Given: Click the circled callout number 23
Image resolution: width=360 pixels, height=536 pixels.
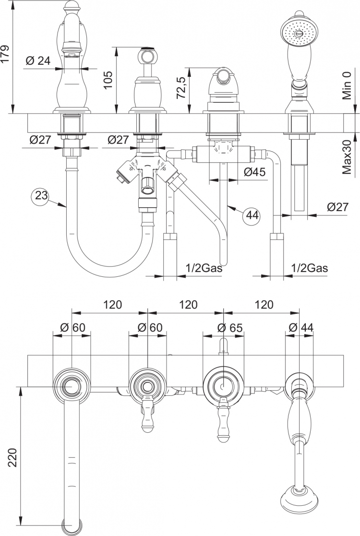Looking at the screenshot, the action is (40, 195).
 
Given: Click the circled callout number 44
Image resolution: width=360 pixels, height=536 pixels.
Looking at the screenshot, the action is (252, 216).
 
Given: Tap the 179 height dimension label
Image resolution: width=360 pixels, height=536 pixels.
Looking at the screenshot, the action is (6, 54).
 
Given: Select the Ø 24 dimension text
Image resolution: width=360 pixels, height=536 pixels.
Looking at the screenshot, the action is (38, 60).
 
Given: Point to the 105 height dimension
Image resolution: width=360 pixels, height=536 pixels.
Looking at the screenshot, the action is (108, 80).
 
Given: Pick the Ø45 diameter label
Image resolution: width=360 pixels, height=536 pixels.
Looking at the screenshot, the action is (255, 172).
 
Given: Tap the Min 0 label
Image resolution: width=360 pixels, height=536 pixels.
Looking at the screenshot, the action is (347, 85).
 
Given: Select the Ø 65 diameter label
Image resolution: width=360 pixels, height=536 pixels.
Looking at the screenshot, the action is (230, 328).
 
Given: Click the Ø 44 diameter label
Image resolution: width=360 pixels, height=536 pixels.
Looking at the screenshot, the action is (301, 327).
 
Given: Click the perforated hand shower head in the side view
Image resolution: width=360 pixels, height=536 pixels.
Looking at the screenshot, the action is (299, 32).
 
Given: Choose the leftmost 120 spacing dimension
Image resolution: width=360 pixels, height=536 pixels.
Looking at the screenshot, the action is (112, 304).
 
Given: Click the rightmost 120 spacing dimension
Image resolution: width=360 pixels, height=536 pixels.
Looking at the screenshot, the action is (264, 304).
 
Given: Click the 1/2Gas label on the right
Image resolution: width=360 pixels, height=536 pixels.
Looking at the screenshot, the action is (310, 268).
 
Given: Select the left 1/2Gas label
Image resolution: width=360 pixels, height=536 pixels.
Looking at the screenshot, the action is (204, 268).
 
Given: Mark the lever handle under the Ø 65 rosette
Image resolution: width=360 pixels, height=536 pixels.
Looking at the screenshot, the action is (223, 420).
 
